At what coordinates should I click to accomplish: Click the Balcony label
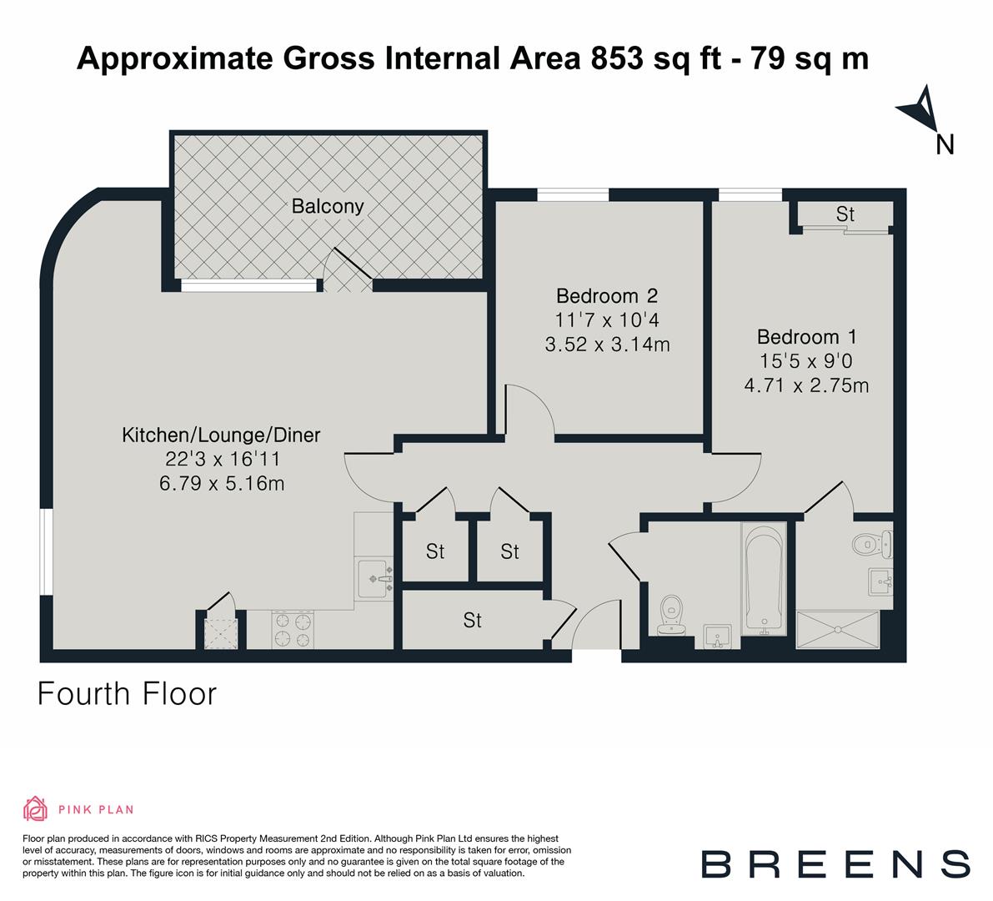(x=328, y=206)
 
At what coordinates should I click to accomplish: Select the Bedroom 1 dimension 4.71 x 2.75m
(x=806, y=385)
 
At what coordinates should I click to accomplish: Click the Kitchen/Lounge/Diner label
(x=221, y=435)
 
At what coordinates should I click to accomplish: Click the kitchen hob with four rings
(x=294, y=630)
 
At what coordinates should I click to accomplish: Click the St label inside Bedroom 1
(x=845, y=214)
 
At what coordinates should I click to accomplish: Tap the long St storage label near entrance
(x=473, y=621)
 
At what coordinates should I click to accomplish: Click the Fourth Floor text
(x=127, y=693)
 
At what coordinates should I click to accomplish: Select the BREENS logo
(x=835, y=863)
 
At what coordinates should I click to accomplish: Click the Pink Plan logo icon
(x=34, y=808)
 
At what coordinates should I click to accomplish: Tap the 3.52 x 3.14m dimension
(x=607, y=344)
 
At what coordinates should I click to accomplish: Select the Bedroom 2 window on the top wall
(x=573, y=194)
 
